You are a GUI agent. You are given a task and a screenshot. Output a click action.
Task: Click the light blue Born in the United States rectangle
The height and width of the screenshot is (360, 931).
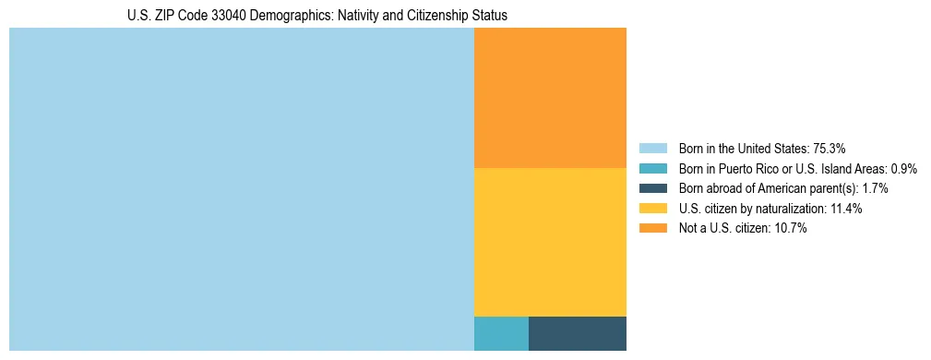241,189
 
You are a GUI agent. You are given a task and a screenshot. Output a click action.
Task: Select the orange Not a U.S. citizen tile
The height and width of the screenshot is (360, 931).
550,98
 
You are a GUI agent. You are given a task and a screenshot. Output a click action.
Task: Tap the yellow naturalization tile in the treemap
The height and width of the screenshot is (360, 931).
550,242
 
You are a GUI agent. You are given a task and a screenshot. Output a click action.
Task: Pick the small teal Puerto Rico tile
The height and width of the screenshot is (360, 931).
501,333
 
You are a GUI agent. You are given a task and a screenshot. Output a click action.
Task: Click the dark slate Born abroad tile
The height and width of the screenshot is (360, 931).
578,333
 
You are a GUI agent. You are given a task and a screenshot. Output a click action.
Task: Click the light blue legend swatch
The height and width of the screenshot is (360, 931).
652,148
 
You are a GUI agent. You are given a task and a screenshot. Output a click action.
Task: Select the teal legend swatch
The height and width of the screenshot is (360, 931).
652,168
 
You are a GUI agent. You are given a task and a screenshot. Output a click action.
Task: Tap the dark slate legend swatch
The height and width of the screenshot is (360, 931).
652,188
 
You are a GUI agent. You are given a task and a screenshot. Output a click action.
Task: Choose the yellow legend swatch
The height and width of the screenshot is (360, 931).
652,209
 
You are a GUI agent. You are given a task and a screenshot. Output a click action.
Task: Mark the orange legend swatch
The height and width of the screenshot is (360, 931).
652,229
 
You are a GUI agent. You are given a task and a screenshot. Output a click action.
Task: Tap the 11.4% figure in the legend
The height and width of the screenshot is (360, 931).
845,209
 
